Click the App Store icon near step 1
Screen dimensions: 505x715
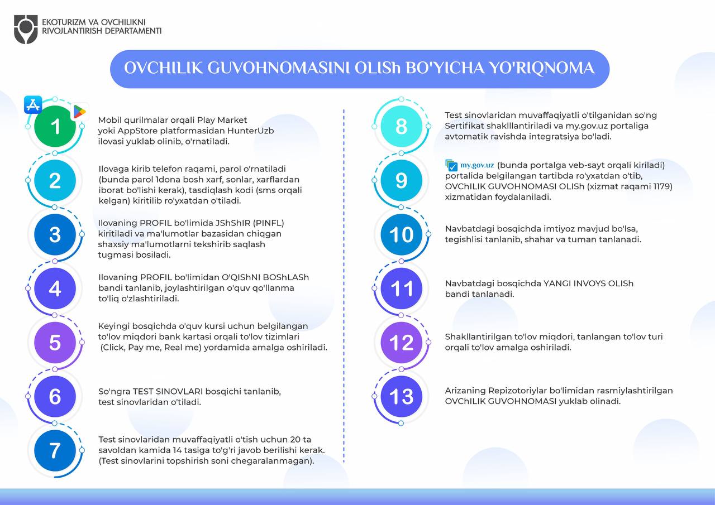(x=33, y=105)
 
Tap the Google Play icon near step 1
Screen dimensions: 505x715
(x=79, y=112)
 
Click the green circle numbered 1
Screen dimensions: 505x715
(x=55, y=127)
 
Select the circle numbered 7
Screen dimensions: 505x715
(x=55, y=450)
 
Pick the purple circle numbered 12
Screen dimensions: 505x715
(x=401, y=343)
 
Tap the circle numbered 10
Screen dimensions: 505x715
(x=401, y=234)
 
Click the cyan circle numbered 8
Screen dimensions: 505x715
(x=401, y=127)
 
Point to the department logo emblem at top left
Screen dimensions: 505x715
(x=26, y=29)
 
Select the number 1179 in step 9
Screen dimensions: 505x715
(x=660, y=186)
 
